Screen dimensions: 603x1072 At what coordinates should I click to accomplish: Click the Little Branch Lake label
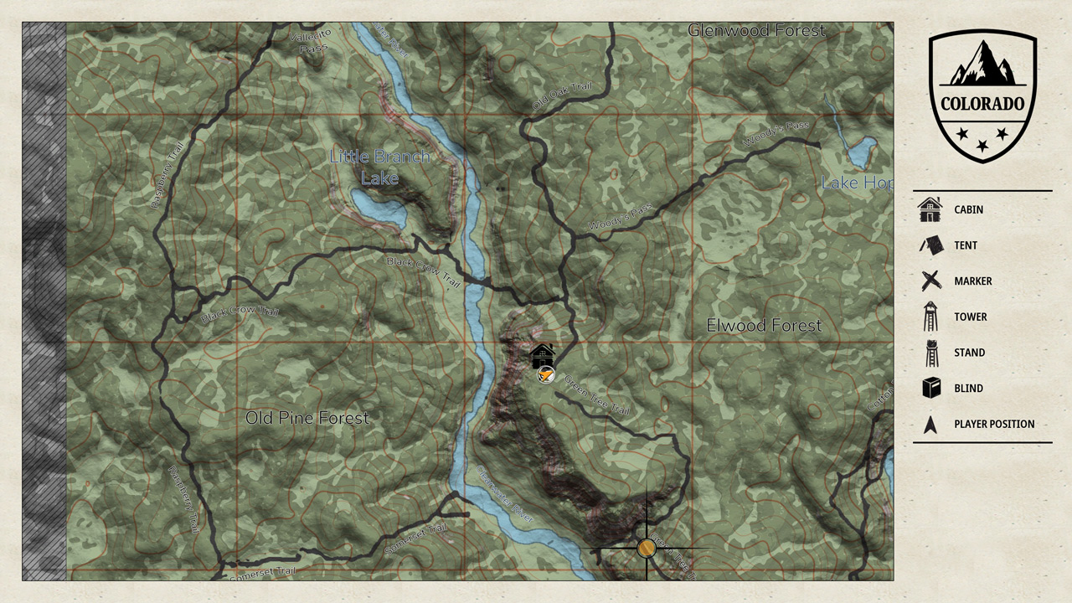tap(379, 167)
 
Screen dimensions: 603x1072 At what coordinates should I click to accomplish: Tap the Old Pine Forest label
tap(307, 418)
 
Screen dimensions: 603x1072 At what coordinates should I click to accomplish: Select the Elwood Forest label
tap(764, 325)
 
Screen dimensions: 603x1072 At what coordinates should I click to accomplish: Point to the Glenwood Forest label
tap(756, 31)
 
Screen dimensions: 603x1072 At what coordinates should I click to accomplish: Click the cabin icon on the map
tap(543, 356)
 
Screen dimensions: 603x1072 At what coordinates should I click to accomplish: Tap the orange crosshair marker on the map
tap(646, 549)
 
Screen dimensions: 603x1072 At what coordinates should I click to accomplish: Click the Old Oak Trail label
tap(562, 98)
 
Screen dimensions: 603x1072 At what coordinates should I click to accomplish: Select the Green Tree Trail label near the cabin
tap(596, 394)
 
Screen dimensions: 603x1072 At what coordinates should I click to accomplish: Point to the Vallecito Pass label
tap(311, 40)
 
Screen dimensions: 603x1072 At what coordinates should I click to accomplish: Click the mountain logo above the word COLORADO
tap(982, 64)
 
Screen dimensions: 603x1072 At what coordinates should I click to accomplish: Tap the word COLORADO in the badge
tap(982, 105)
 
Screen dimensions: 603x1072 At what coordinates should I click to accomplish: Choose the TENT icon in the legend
tap(930, 245)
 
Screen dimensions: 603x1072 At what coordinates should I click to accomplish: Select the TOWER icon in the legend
tap(930, 317)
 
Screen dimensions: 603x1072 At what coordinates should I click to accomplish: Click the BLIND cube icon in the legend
tap(930, 388)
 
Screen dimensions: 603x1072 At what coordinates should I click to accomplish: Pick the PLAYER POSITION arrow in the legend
tap(930, 425)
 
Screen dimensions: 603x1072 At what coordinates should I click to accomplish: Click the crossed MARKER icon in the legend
tap(930, 281)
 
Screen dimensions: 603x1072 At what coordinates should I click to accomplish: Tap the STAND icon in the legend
tap(930, 353)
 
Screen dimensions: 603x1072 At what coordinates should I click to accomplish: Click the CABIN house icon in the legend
tap(930, 209)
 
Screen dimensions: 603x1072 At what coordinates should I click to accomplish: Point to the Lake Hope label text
tap(854, 183)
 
